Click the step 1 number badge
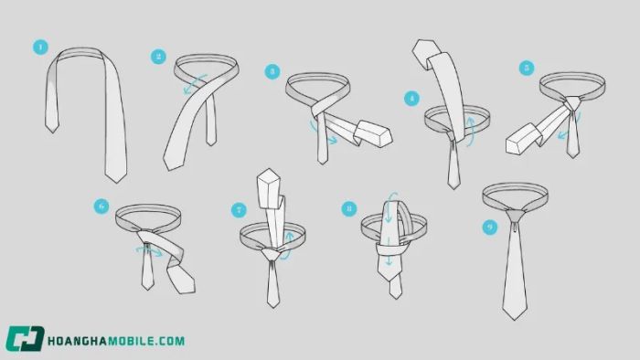pos(40,48)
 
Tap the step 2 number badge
pos(158,57)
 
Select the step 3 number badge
pos(272,72)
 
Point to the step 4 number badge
pos(411,99)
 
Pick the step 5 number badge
pos(527,68)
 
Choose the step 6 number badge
pos(101,206)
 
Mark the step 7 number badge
pos(239,210)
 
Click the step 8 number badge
pos(349,208)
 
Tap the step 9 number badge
pos(490,228)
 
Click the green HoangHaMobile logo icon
pos(25,338)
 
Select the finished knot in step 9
pos(516,216)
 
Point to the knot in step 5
pos(573,102)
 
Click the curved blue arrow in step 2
pos(194,84)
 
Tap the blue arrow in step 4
pos(470,131)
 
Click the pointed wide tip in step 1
pos(116,178)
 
